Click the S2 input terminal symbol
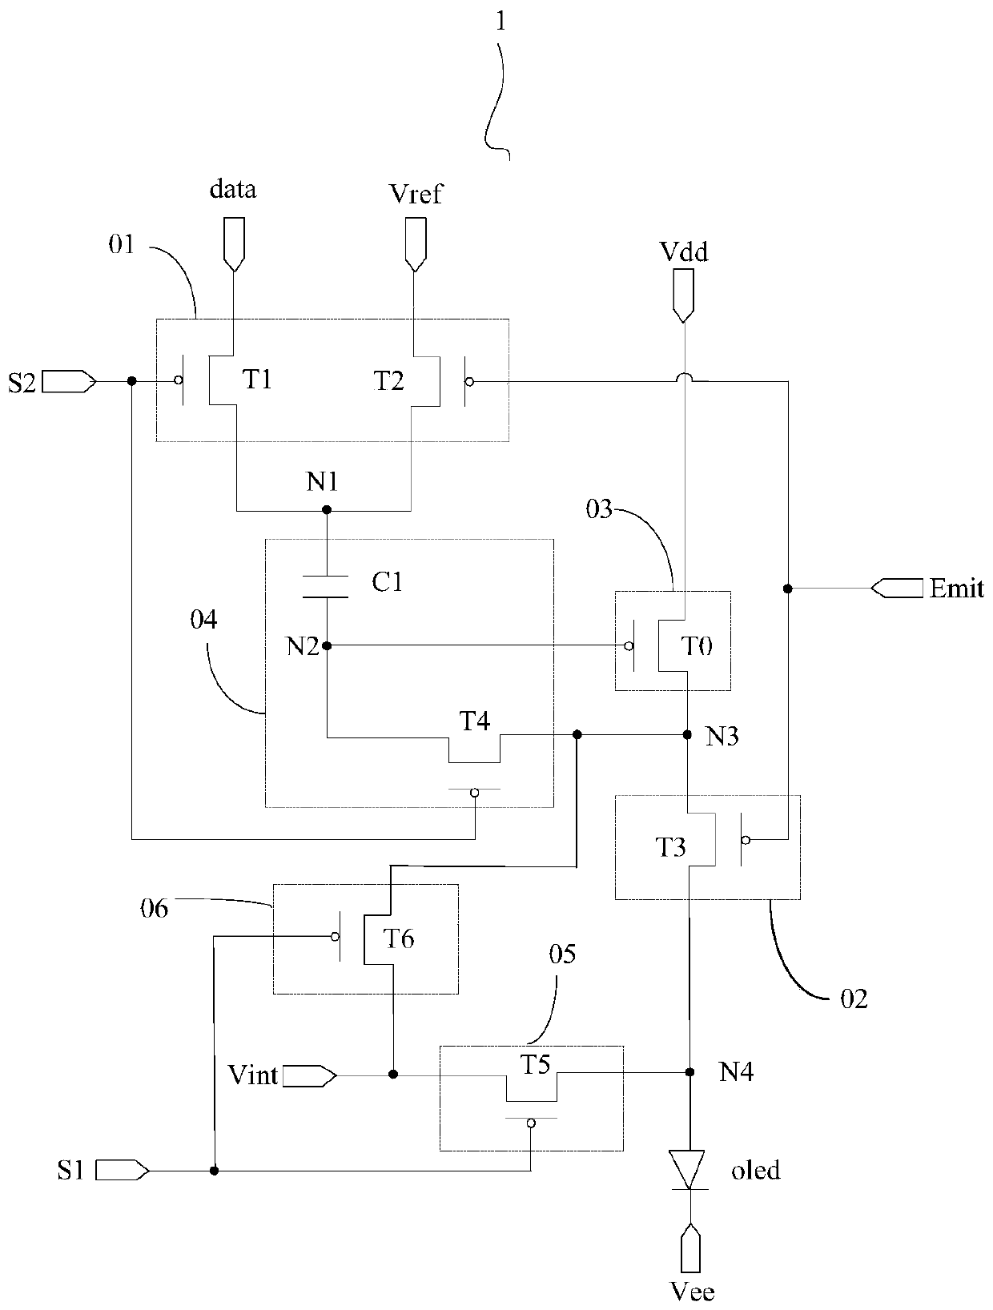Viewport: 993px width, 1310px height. [69, 381]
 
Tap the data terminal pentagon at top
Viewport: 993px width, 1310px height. [234, 244]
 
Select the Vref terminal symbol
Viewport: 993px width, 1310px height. [416, 244]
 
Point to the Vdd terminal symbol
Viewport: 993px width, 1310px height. [683, 295]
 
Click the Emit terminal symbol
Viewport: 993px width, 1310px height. [897, 589]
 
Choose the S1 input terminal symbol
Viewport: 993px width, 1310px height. [122, 1171]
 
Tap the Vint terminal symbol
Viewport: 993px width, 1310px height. [310, 1076]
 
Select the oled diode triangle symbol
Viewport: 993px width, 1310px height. [689, 1170]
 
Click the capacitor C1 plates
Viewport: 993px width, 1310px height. [326, 587]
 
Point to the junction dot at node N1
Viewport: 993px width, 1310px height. [327, 510]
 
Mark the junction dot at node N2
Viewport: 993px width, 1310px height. [327, 645]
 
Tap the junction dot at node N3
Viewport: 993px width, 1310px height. [687, 735]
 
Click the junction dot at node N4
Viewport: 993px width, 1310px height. [689, 1072]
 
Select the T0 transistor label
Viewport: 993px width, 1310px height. [697, 645]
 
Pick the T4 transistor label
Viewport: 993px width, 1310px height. [474, 721]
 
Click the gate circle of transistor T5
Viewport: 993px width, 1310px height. [531, 1123]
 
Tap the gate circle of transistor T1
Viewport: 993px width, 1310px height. [178, 380]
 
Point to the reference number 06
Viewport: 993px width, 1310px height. [154, 909]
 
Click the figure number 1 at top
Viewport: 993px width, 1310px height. [501, 22]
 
